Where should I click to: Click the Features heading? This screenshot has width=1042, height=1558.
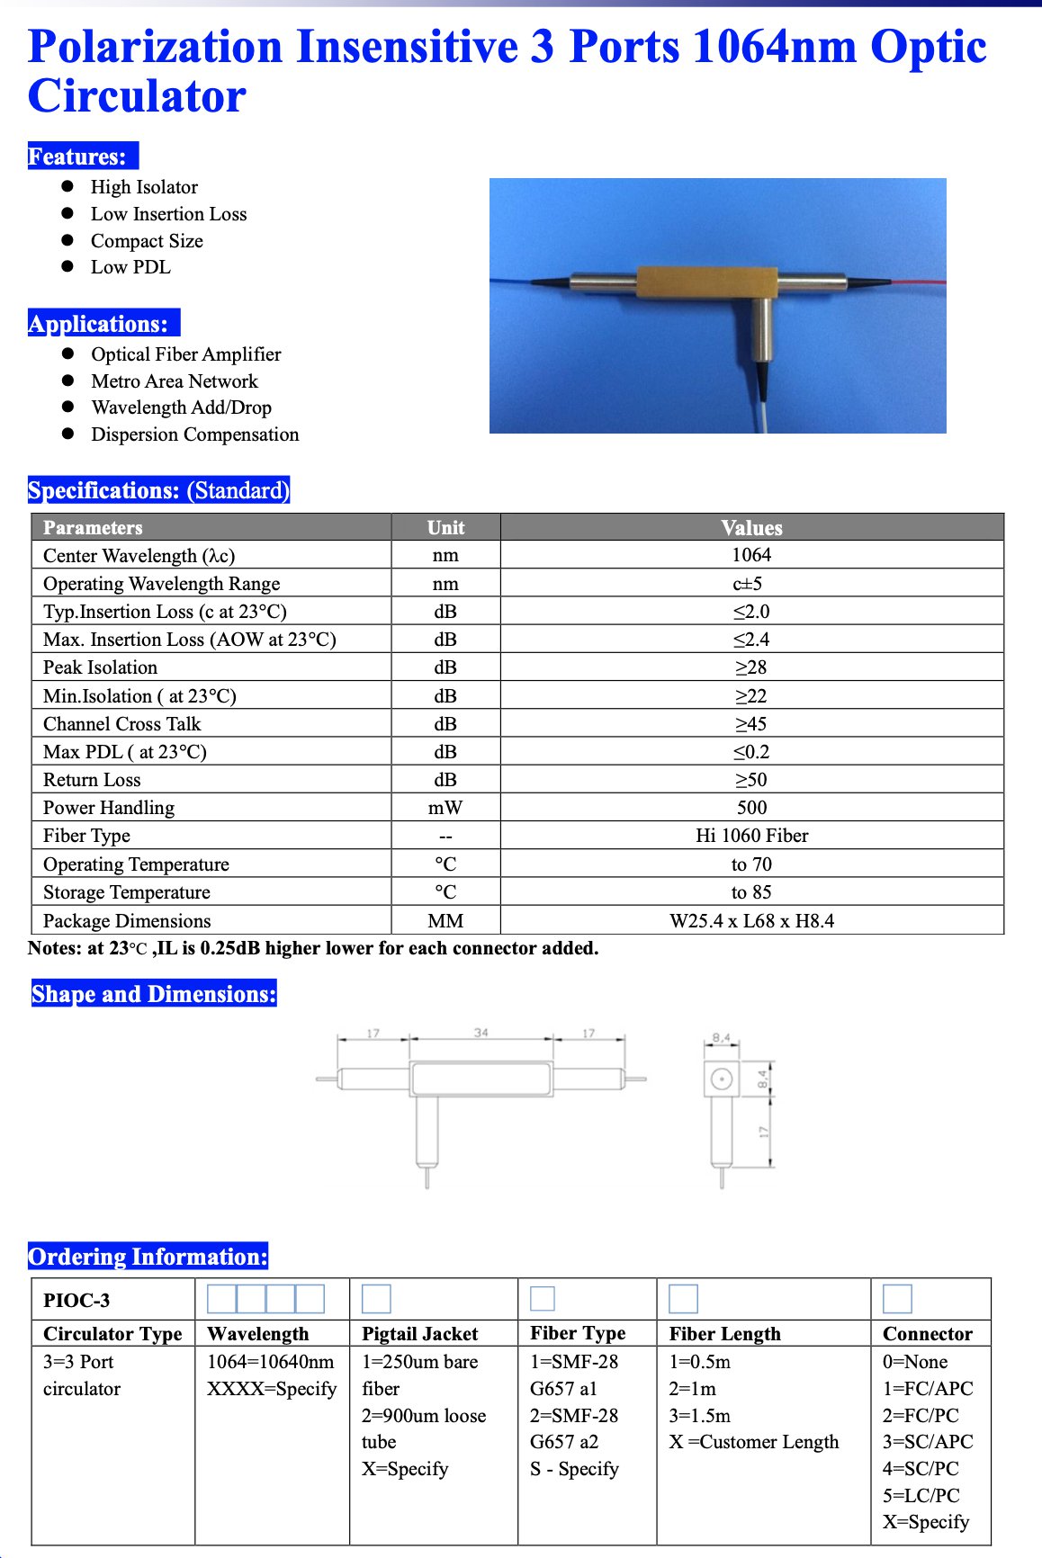point(78,157)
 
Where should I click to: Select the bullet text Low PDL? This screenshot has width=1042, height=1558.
point(130,267)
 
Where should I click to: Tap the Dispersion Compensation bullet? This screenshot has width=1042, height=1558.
point(194,434)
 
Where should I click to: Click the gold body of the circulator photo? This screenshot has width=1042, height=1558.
point(706,282)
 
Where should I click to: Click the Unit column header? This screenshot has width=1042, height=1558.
point(445,528)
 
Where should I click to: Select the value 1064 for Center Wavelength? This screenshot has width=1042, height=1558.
point(751,555)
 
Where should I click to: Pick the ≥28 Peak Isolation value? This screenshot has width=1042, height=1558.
point(751,667)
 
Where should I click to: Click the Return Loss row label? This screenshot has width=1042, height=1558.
point(92,780)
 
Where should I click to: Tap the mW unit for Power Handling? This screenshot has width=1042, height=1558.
point(445,808)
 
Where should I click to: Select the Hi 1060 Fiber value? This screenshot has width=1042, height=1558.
point(751,836)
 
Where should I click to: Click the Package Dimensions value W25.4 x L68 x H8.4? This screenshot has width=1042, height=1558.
point(751,921)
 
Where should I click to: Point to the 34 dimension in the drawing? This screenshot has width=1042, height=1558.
point(481,1033)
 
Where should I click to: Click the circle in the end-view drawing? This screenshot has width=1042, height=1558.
point(721,1079)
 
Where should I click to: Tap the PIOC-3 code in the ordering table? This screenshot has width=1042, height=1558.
point(76,1301)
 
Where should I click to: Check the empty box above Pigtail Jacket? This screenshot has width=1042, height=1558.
point(376,1299)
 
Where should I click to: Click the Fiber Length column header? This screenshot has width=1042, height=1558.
point(724,1334)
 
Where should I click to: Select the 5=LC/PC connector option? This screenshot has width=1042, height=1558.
point(921,1495)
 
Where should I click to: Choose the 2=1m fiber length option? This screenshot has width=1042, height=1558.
point(692,1389)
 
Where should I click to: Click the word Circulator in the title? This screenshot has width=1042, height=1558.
point(137,96)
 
